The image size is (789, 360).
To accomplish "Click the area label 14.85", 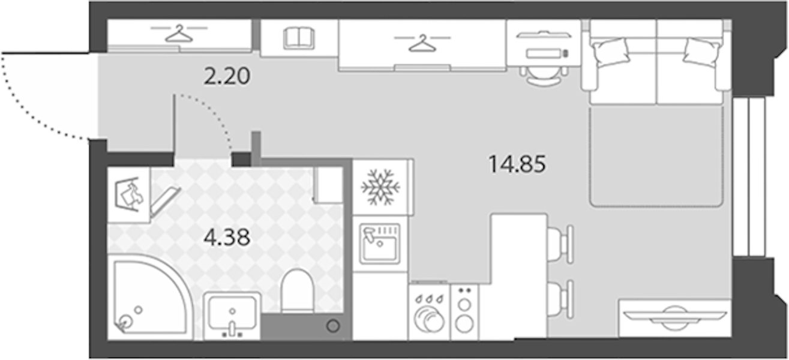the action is [517, 164].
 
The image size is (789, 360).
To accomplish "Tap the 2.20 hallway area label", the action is [227, 76].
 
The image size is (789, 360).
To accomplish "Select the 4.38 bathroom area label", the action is [227, 237].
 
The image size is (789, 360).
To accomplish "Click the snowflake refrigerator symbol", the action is [380, 187].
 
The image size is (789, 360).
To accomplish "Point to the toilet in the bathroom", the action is [298, 290].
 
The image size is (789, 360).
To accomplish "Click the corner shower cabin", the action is [151, 296].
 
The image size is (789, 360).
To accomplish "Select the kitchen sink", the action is [380, 244].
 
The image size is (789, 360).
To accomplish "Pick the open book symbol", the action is [299, 38].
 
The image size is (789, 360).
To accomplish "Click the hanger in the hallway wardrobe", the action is [179, 33].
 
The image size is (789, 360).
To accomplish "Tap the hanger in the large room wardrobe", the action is [422, 43].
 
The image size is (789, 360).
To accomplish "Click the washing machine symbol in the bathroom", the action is [129, 195].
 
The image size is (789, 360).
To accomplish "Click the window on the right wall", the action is [749, 177].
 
